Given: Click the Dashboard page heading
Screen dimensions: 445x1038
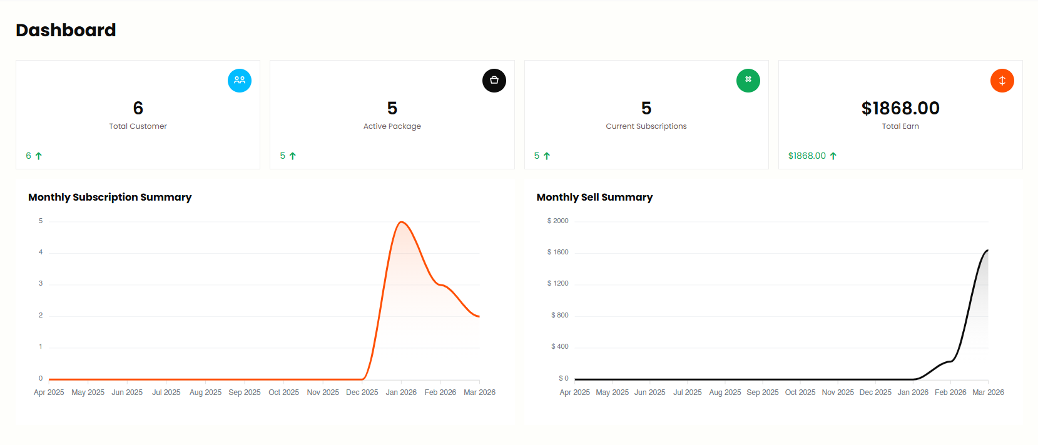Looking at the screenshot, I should click(66, 30).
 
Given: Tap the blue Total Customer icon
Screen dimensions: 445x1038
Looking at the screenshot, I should click(240, 81).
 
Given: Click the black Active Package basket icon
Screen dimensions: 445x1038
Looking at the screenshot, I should click(494, 81).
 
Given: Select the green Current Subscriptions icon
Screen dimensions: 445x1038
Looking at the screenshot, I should click(748, 81).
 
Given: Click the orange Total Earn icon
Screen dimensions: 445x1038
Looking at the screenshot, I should click(1002, 81).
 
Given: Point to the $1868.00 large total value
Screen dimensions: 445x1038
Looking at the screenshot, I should click(900, 108).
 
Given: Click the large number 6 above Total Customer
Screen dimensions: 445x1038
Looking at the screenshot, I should click(138, 108).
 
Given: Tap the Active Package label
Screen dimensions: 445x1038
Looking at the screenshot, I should click(392, 126).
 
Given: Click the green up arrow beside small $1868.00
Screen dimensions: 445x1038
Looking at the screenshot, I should click(833, 156).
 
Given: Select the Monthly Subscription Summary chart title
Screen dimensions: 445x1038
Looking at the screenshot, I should click(110, 197).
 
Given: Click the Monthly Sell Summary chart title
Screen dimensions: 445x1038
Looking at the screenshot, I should click(594, 197).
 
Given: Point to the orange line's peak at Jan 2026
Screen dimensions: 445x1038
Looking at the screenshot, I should click(401, 222).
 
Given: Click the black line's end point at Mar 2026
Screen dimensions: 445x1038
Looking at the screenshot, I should click(988, 251).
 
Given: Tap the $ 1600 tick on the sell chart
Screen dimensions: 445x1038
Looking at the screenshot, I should click(557, 252).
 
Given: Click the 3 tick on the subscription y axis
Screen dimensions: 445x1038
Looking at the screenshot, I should click(41, 283).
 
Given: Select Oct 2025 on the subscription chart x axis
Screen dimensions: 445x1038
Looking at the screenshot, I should click(283, 392).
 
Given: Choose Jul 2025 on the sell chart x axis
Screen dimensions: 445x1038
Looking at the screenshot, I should click(687, 392).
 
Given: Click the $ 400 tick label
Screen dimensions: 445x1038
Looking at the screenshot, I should click(559, 346).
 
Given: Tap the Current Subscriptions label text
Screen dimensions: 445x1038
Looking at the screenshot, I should click(646, 126).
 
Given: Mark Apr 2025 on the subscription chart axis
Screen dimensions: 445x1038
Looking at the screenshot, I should click(49, 392).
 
